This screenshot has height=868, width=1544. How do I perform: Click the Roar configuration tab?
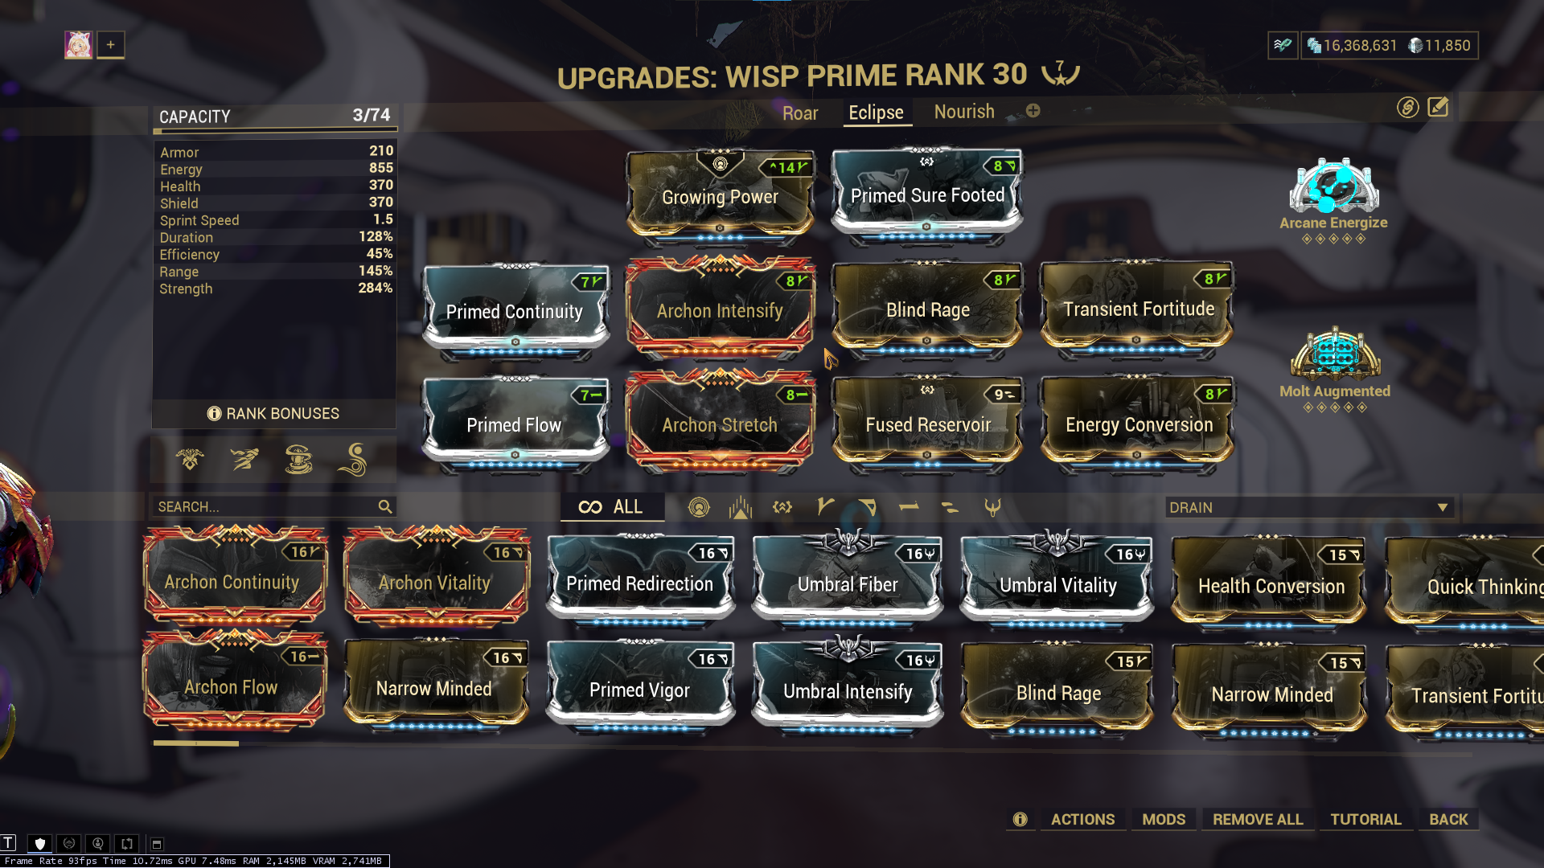coord(800,113)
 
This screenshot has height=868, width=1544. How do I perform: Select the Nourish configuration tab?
coord(964,112)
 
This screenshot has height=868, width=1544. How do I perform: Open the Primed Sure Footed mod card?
coord(927,195)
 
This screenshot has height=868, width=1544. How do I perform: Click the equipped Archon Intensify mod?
coord(720,310)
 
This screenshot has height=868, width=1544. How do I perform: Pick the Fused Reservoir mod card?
coord(927,424)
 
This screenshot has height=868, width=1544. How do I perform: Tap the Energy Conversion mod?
coord(1139,424)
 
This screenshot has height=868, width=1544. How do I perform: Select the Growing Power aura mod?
coord(720,196)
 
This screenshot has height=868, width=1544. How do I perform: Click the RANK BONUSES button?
coord(273,413)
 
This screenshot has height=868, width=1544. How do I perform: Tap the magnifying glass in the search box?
coord(385,506)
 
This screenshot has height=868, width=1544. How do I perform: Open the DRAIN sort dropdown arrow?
coord(1443,507)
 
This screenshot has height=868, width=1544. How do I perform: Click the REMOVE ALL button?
coord(1258,819)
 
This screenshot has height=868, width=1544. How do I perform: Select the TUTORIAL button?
coord(1365,819)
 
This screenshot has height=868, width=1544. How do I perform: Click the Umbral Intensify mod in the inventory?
coord(848,690)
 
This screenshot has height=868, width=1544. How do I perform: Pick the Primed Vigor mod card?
coord(639,690)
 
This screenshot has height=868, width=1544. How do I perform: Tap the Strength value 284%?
coord(375,288)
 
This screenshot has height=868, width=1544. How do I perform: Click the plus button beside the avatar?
coord(111,45)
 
